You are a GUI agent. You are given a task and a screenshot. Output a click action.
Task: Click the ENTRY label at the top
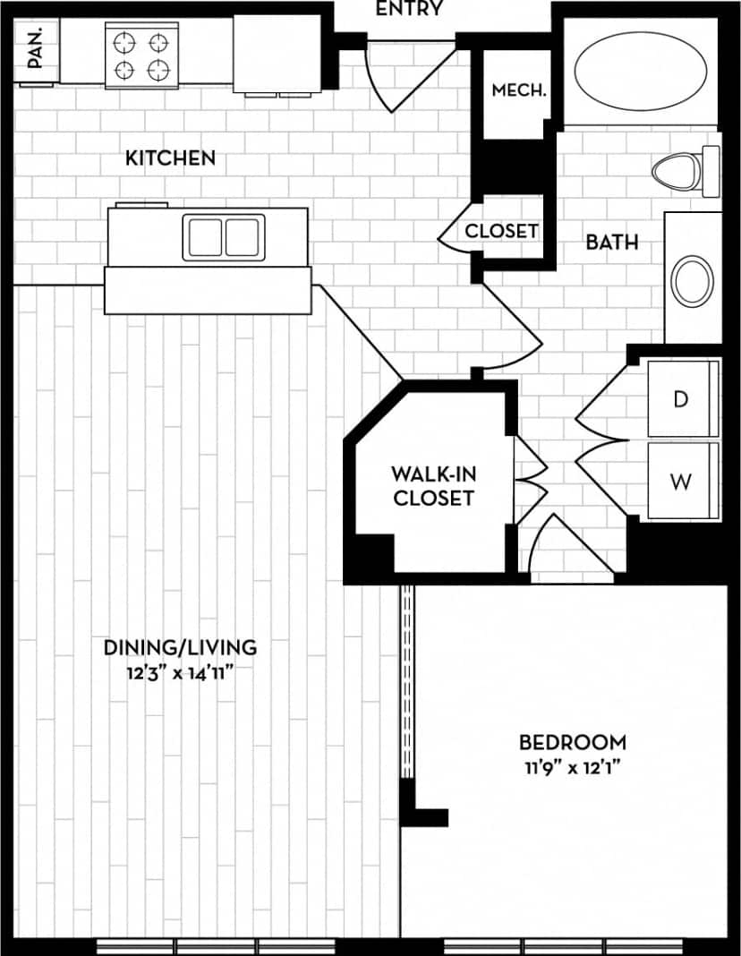409,10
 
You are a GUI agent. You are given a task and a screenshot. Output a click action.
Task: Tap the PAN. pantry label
36,47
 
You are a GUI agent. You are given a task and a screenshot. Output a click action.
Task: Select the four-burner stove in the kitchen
143,55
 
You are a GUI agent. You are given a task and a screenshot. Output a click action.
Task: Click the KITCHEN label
170,158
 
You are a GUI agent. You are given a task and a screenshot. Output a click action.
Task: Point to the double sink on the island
223,237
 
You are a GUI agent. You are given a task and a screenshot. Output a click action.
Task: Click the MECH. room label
519,90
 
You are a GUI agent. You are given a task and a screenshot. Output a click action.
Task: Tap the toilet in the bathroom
685,170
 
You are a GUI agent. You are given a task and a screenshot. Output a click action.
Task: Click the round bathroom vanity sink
693,281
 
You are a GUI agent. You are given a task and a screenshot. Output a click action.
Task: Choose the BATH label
612,242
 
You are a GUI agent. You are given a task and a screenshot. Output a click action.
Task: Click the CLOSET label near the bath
501,231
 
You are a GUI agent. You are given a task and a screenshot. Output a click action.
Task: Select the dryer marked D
681,399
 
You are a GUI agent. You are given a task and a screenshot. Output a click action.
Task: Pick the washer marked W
681,482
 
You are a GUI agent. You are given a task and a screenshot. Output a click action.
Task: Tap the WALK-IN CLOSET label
432,485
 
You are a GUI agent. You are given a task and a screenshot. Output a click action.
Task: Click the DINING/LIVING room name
180,646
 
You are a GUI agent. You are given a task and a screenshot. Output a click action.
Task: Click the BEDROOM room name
573,742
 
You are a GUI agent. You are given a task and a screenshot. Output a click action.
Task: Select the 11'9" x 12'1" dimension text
573,767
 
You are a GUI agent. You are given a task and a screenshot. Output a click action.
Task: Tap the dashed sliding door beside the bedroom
407,680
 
